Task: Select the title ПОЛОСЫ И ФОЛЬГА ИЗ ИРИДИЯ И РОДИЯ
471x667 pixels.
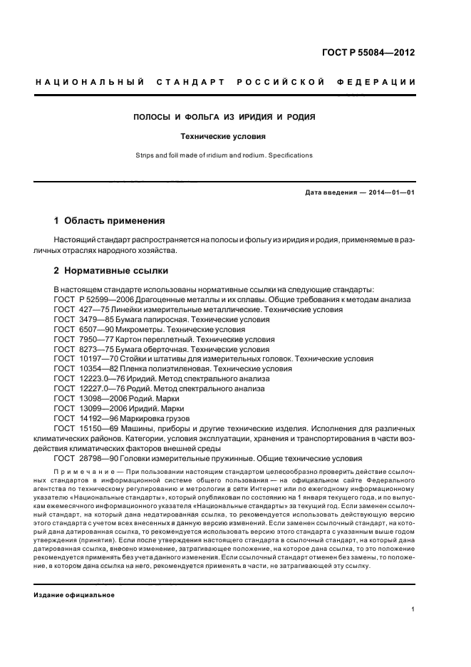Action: [224, 117]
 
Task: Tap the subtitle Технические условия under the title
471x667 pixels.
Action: [224, 135]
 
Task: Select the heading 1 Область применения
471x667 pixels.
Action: [110, 220]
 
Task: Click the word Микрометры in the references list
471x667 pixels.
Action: [145, 329]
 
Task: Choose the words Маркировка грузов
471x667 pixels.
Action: [162, 418]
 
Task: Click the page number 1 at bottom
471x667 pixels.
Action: [413, 609]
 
